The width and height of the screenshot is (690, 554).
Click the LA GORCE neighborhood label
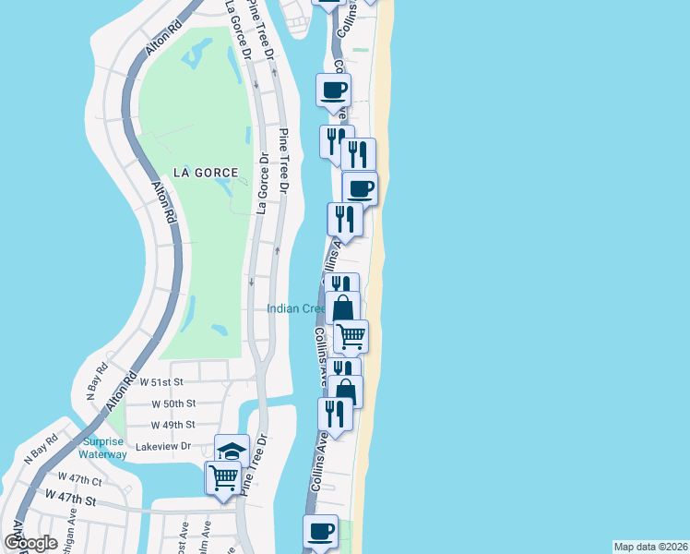click(205, 173)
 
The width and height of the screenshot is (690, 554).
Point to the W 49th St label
click(172, 425)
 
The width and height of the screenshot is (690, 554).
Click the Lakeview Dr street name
click(162, 446)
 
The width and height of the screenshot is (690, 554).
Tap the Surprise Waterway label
click(102, 447)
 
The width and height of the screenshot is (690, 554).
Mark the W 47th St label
click(70, 500)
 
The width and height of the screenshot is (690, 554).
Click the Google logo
click(30, 543)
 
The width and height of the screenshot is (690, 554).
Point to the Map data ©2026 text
click(650, 547)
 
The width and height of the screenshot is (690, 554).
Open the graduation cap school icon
click(232, 452)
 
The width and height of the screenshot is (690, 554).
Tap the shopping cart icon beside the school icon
click(224, 478)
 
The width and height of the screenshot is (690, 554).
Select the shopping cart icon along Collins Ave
click(351, 336)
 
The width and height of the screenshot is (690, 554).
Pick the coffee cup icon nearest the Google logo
click(321, 532)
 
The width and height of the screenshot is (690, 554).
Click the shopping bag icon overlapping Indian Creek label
click(342, 307)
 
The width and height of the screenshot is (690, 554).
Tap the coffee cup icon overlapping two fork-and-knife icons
click(360, 189)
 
